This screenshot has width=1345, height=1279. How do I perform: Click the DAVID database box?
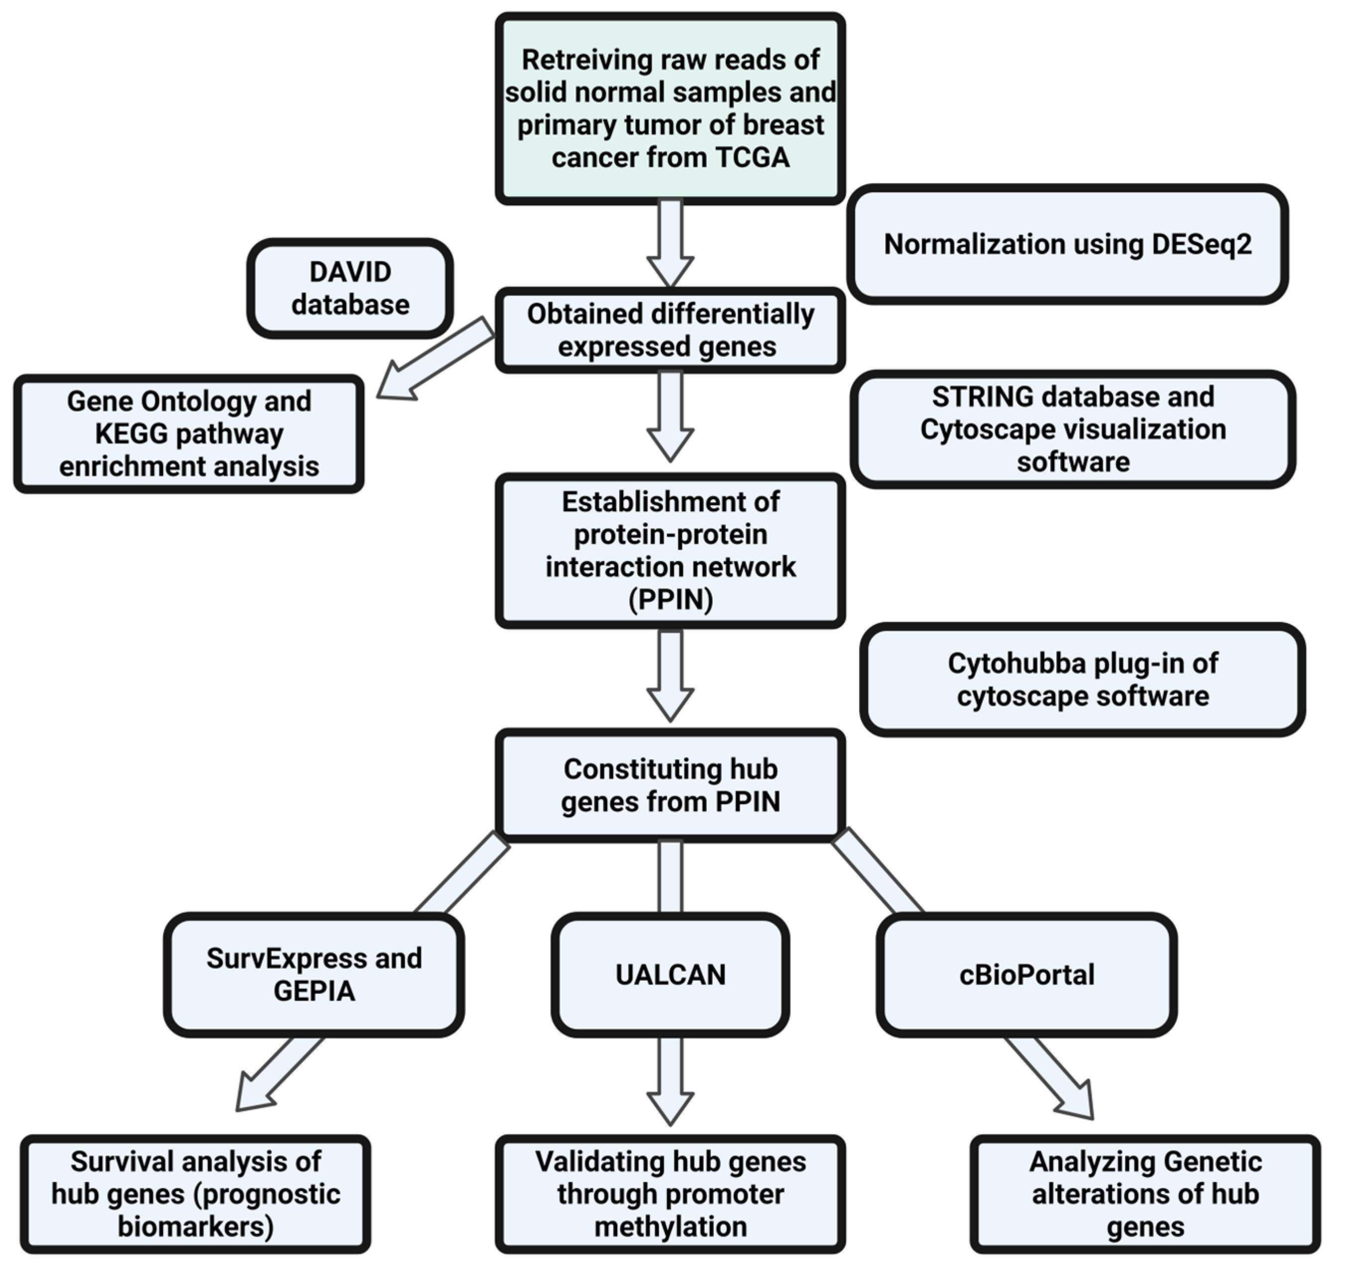coord(350,288)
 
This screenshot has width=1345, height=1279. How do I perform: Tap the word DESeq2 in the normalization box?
coord(1201,244)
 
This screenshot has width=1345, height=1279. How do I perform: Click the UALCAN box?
coord(670,974)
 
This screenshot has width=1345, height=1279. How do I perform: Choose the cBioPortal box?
coord(1026,974)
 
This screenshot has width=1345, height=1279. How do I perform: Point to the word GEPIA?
coord(314,991)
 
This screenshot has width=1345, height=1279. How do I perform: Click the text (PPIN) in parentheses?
coord(670,599)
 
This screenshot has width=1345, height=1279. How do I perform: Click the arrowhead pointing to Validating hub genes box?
coord(670,1109)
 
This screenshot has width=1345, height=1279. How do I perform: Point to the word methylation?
coord(670,1227)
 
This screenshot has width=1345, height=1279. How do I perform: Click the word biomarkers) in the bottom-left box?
coord(196,1227)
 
